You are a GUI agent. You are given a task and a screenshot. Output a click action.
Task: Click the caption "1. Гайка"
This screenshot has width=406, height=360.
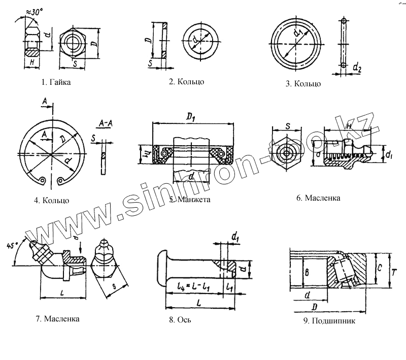tap(56, 82)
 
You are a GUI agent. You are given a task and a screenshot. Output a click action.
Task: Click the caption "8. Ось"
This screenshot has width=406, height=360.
tap(179, 320)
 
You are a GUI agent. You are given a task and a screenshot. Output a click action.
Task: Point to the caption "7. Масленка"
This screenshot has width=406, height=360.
tap(58, 319)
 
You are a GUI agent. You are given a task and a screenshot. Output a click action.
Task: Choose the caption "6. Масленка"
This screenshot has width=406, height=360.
tap(318, 197)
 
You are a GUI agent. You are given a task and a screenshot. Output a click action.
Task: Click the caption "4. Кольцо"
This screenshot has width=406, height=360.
tap(51, 200)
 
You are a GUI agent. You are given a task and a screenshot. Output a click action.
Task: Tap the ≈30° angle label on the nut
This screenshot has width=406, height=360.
tap(31, 12)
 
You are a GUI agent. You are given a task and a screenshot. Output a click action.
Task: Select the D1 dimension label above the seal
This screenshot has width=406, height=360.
tap(191, 118)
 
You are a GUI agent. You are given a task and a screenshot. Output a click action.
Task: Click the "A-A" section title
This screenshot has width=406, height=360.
tap(106, 122)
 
